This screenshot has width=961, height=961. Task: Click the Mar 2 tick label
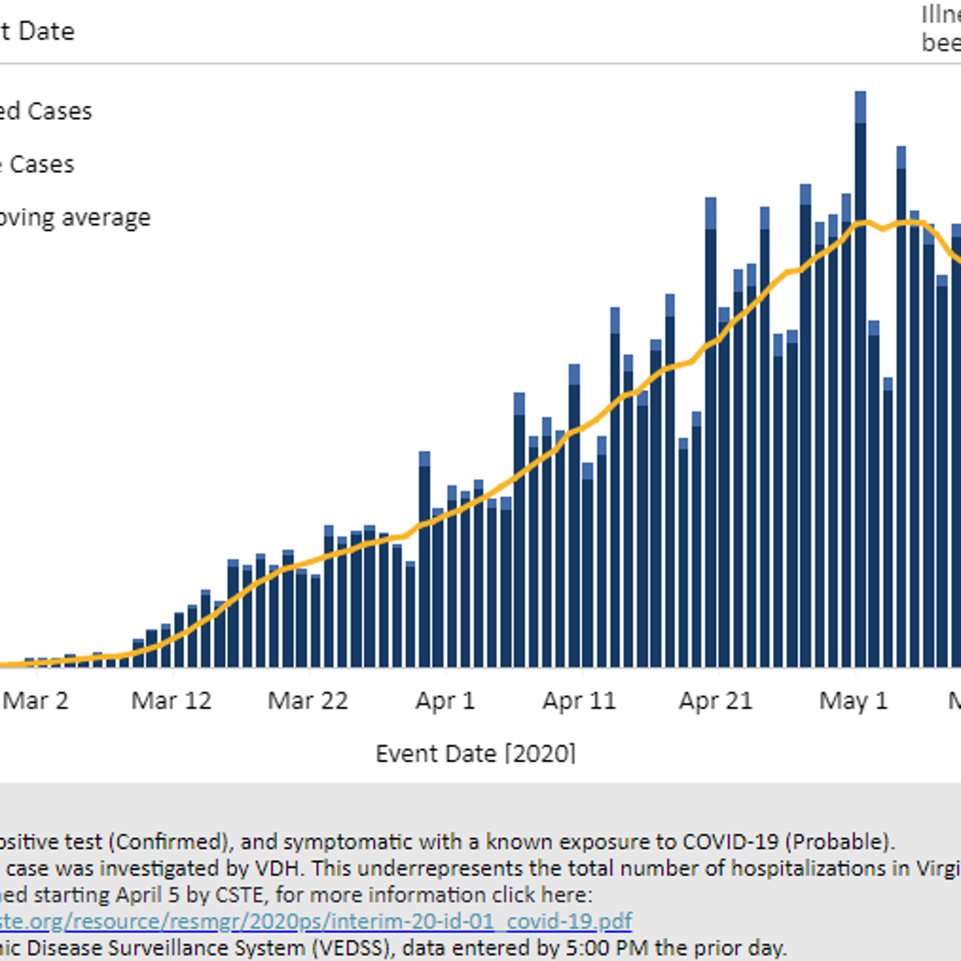35,701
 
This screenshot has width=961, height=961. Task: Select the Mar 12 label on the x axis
171,701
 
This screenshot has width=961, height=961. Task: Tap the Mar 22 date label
308,701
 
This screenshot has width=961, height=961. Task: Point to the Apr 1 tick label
444,701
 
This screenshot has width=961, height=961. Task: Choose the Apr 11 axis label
579,701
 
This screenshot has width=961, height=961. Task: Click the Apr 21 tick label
716,701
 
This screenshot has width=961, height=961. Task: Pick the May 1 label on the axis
854,701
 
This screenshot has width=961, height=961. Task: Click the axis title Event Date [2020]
476,754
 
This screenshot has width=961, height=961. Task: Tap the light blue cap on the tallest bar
861,107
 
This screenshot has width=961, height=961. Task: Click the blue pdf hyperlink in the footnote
316,921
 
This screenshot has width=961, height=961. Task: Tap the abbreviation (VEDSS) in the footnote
353,948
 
